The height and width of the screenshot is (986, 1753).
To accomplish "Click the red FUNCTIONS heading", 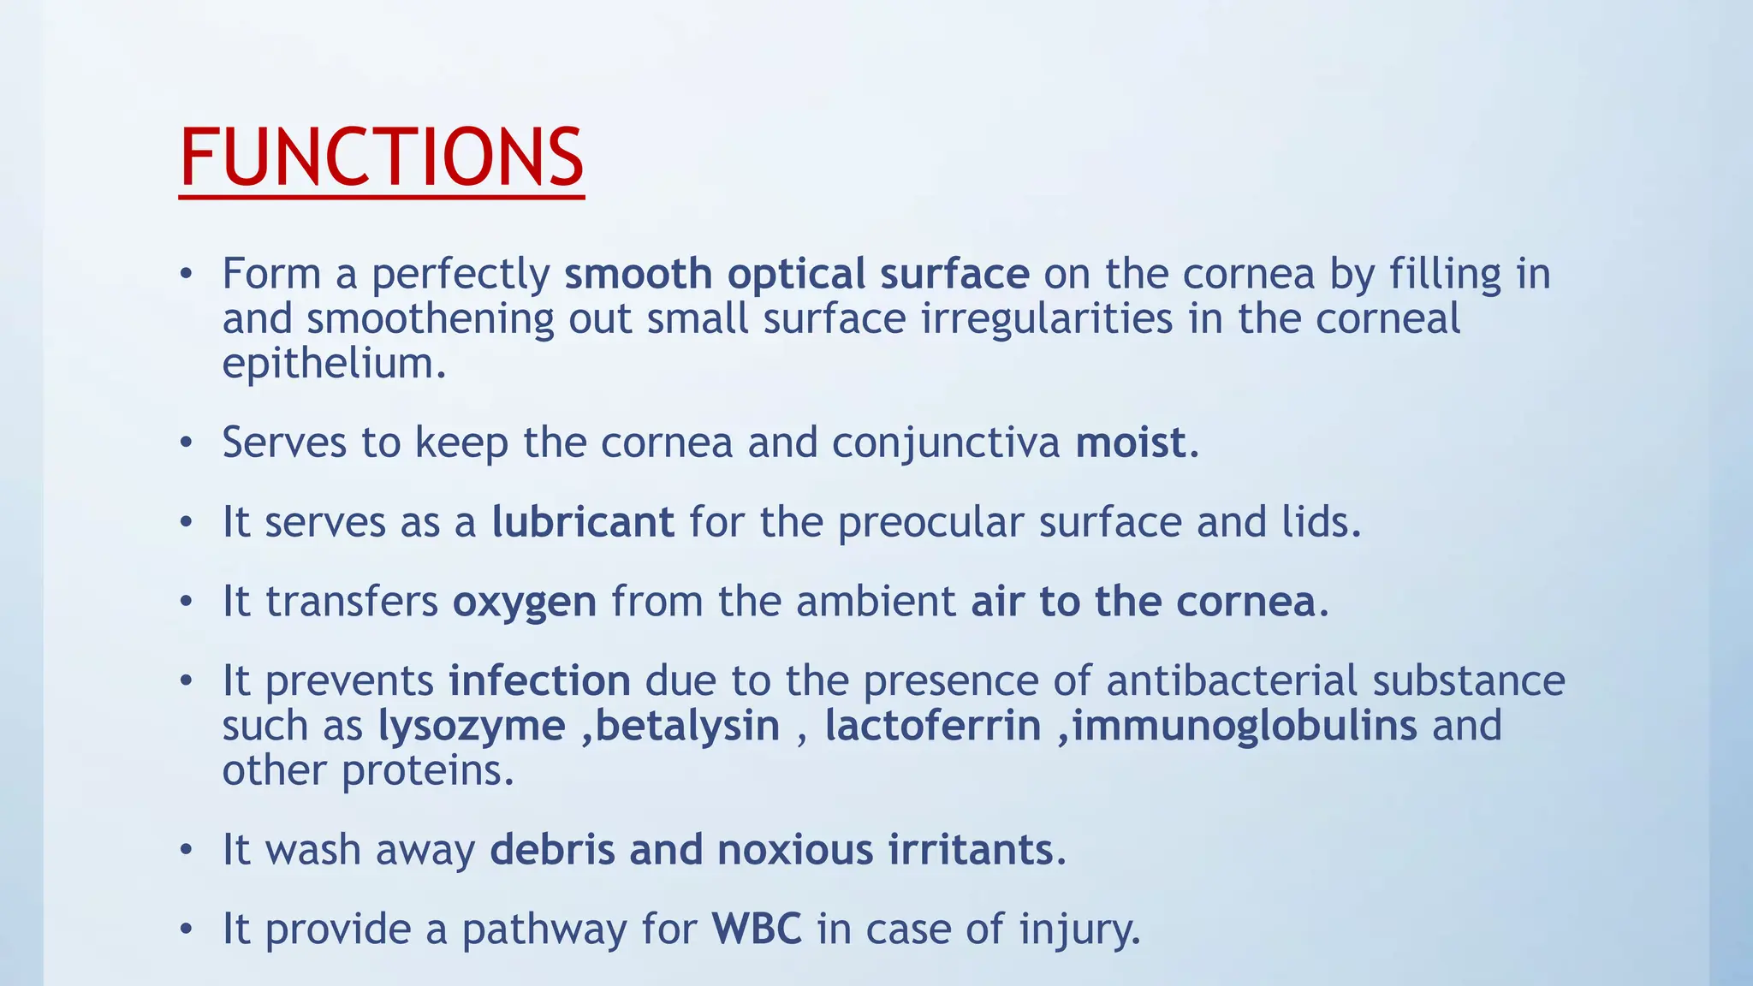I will [x=382, y=157].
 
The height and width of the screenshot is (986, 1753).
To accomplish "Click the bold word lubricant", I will [x=583, y=522].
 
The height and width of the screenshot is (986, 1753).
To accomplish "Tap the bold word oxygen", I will [x=524, y=602].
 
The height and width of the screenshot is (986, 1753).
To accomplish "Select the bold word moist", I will [x=1130, y=443].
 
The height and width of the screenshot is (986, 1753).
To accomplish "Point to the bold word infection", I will [x=539, y=681].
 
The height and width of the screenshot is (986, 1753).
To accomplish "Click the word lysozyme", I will [x=472, y=726].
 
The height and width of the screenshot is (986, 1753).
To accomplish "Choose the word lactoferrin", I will [x=932, y=726].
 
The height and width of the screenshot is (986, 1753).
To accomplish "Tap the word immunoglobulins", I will [x=1245, y=726].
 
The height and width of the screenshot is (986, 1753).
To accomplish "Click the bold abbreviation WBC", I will [x=757, y=930].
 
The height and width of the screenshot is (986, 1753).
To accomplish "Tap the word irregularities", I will [x=1047, y=319].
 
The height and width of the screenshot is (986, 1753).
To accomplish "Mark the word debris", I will [x=552, y=850].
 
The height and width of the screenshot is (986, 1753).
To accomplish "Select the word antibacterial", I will [x=1232, y=681].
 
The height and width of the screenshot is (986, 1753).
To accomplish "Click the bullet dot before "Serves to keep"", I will [x=187, y=443].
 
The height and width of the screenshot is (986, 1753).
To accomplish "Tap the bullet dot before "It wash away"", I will [x=187, y=851].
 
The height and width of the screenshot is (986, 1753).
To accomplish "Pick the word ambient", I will [x=875, y=602].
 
